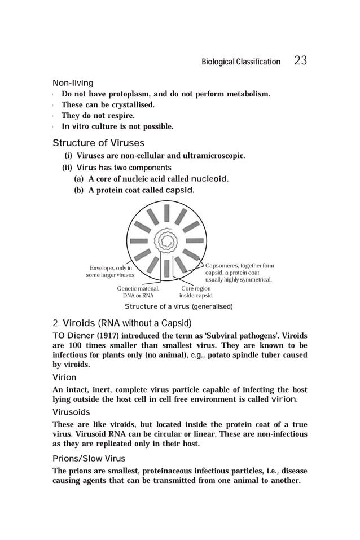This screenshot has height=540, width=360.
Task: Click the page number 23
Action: pyautogui.click(x=300, y=61)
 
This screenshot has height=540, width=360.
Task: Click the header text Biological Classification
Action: pyautogui.click(x=240, y=62)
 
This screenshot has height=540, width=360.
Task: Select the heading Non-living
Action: pyautogui.click(x=73, y=83)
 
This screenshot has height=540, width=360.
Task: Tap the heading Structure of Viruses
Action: pyautogui.click(x=98, y=143)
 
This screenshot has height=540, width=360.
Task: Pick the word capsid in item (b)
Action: pyautogui.click(x=179, y=190)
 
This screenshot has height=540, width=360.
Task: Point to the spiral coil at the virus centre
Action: pyautogui.click(x=166, y=242)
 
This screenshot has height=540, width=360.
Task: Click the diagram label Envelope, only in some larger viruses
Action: pyautogui.click(x=111, y=271)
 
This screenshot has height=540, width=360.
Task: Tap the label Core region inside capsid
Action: pyautogui.click(x=196, y=292)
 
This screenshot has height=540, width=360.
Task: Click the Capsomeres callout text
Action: pyautogui.click(x=239, y=273)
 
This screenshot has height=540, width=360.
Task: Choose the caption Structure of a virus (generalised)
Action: pyautogui.click(x=178, y=306)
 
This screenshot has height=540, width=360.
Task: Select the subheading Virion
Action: pyautogui.click(x=64, y=377)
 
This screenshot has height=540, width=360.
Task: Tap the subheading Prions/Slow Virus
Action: pyautogui.click(x=89, y=458)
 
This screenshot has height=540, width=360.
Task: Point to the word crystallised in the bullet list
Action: pyautogui.click(x=131, y=105)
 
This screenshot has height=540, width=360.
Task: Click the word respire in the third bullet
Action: pyautogui.click(x=121, y=116)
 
